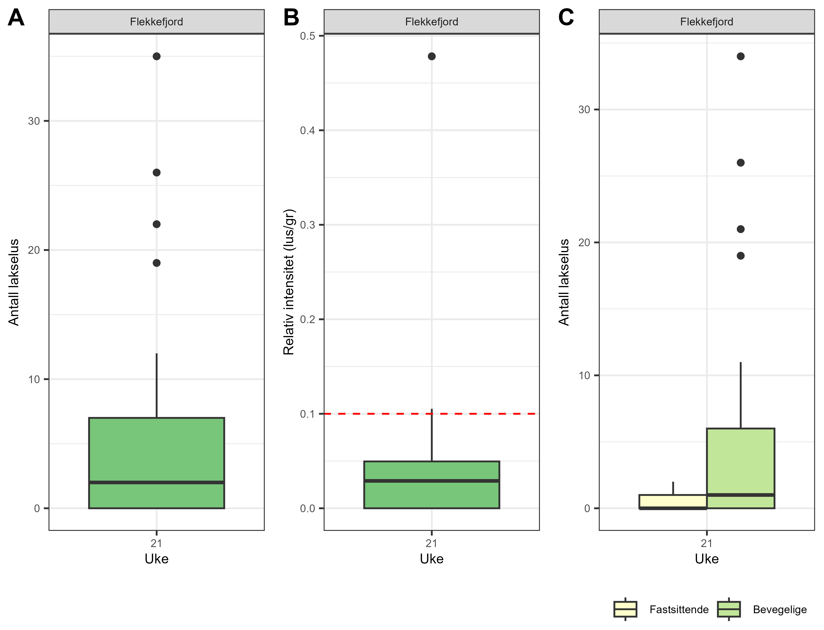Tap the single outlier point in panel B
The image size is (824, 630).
tap(432, 56)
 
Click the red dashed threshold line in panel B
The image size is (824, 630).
tap(375, 414)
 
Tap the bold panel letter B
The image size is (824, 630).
tap(291, 18)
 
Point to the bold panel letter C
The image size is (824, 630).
tap(566, 18)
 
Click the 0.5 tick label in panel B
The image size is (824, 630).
tap(307, 36)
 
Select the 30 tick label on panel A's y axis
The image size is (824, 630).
tap(34, 121)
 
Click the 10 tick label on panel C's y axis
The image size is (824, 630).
tap(584, 375)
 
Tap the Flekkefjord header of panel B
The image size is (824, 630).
tap(432, 22)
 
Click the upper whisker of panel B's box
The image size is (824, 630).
tap(432, 435)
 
